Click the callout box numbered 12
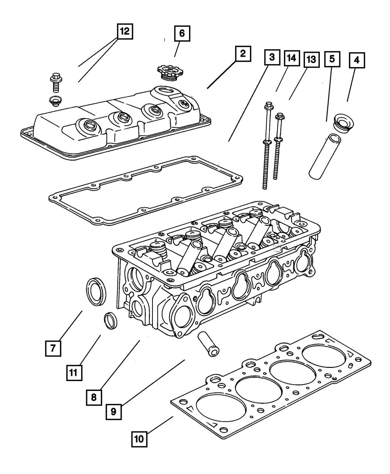click(x=125, y=31)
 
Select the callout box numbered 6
click(x=182, y=33)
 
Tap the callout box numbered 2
click(x=243, y=54)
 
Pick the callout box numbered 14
click(x=292, y=58)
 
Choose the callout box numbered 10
click(x=139, y=439)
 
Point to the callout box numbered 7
click(x=53, y=348)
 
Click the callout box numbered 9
click(x=113, y=412)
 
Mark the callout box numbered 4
click(x=357, y=61)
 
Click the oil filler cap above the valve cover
click(x=168, y=72)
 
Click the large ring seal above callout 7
click(x=96, y=292)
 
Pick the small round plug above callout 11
click(x=110, y=321)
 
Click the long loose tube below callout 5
click(x=325, y=157)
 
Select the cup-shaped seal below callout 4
click(x=344, y=123)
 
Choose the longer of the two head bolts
click(x=267, y=146)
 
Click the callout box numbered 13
click(x=312, y=60)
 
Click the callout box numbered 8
click(x=94, y=397)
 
